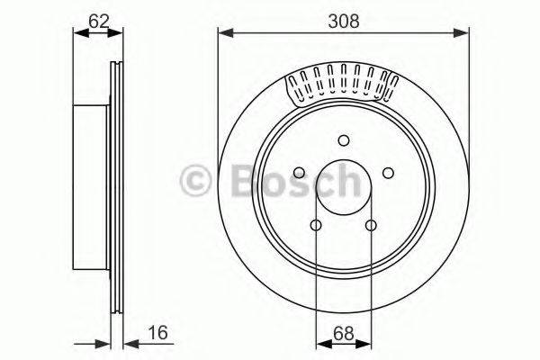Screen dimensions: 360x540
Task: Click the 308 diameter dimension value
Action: (343, 19)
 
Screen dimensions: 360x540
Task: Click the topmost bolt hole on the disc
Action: (343, 139)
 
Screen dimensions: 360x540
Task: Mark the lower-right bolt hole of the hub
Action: (371, 225)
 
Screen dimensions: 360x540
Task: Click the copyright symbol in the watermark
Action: (194, 180)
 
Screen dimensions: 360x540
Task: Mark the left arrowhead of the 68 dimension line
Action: (320, 342)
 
